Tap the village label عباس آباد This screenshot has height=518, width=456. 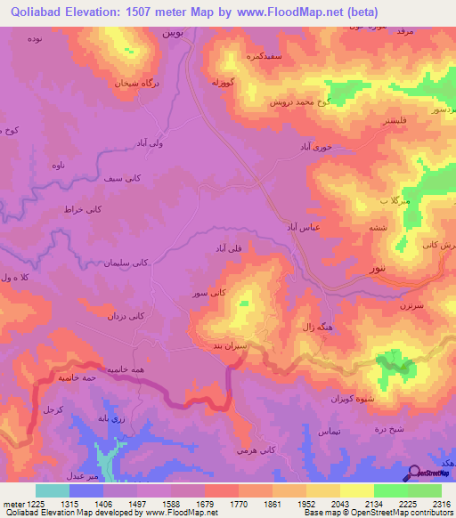303,228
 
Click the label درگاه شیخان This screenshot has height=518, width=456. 133,82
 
